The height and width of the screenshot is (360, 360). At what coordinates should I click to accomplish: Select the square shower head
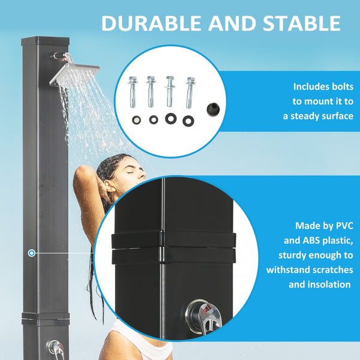click(74, 74)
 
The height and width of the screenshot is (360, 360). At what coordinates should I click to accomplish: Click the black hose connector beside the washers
click(211, 109)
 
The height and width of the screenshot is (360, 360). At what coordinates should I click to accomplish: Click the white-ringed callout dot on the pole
click(31, 253)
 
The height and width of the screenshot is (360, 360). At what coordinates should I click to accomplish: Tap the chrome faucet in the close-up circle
click(202, 315)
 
